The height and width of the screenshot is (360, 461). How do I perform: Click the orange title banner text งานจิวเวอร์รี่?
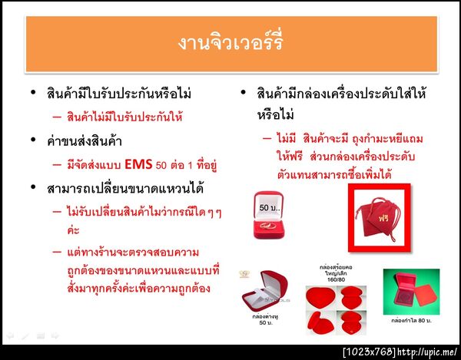tap(230, 41)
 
